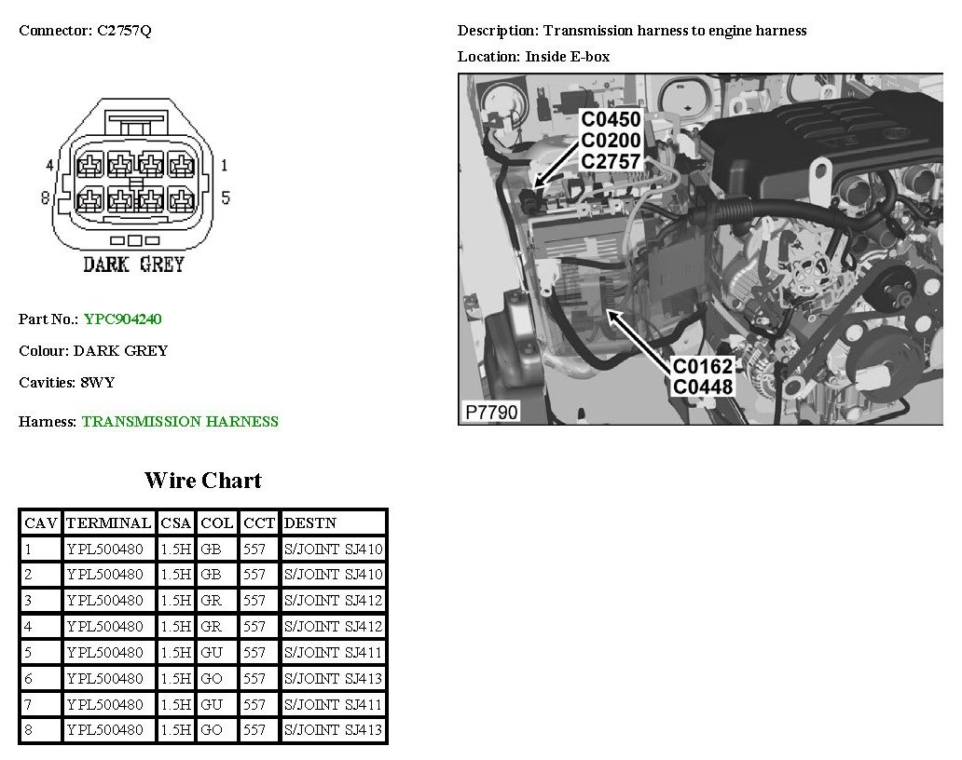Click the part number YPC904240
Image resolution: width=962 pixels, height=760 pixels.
click(123, 319)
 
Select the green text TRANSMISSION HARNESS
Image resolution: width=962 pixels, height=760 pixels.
click(181, 422)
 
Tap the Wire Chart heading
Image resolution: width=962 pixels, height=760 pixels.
click(203, 481)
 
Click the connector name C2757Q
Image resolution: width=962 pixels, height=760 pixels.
click(125, 31)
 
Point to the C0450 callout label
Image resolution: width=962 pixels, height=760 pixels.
click(612, 119)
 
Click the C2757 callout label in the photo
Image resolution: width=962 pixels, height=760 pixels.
click(612, 161)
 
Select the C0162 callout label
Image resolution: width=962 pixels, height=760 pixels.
click(703, 366)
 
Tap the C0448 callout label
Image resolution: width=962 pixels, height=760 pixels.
click(703, 387)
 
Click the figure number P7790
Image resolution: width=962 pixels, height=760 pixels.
click(491, 412)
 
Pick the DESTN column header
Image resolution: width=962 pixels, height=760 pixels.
click(310, 523)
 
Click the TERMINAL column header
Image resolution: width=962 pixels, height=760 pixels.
click(108, 523)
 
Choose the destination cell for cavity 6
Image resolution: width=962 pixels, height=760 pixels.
click(333, 678)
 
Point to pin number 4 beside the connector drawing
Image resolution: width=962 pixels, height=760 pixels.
click(49, 165)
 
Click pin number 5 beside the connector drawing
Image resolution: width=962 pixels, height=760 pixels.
click(226, 197)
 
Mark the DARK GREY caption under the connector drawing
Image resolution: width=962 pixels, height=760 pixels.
click(133, 265)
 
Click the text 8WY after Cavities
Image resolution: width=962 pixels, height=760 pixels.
click(98, 383)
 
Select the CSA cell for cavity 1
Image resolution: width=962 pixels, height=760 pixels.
click(176, 550)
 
